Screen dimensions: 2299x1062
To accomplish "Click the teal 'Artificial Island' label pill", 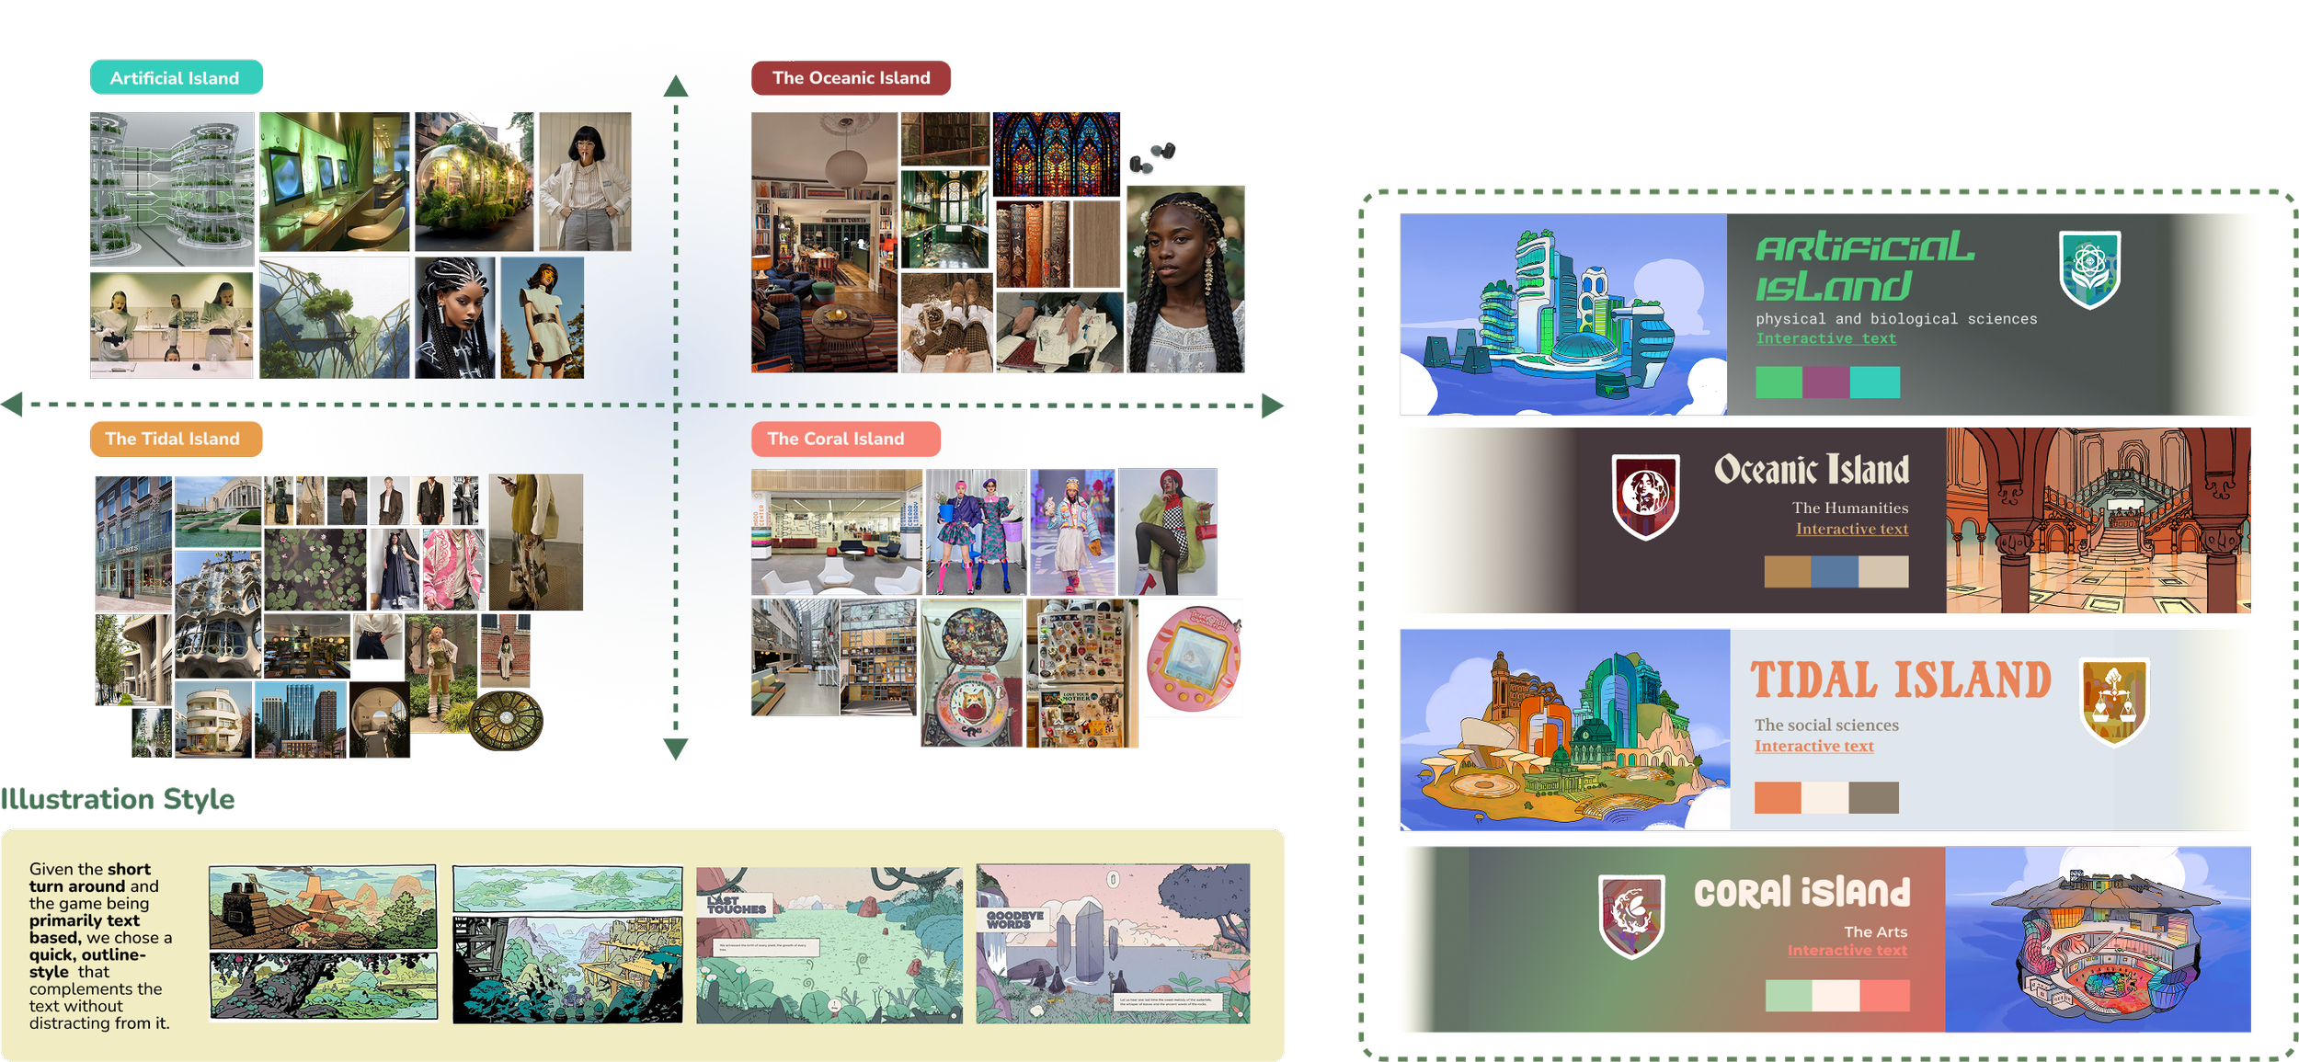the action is (x=176, y=78).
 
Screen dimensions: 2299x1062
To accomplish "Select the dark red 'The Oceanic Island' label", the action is (x=851, y=78).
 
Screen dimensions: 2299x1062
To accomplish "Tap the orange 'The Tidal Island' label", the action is (x=174, y=440).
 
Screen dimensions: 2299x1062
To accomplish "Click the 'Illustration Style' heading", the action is (x=118, y=799).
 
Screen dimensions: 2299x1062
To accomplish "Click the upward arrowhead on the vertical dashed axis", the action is (x=676, y=86).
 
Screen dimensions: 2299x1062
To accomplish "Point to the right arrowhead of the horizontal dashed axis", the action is (x=1274, y=405).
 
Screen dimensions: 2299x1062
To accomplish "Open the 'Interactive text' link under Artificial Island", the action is (x=1825, y=338).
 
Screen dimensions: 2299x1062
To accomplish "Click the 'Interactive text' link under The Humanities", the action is (x=1852, y=529).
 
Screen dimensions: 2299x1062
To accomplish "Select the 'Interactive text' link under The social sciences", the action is (x=1813, y=746).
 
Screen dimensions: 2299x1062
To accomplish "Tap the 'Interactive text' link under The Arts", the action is (x=1847, y=950).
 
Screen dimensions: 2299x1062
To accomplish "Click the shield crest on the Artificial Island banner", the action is (x=2089, y=268).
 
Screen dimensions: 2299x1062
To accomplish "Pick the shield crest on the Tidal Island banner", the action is (x=2114, y=702).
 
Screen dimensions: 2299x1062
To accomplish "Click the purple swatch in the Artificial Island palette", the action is (x=1825, y=382).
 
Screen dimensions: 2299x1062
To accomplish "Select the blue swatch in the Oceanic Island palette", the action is (x=1835, y=571).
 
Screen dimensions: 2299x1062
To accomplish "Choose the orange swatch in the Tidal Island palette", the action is (x=1777, y=797).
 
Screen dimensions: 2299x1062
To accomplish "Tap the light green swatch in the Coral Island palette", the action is (x=1789, y=995).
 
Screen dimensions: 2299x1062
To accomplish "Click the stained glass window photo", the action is (x=1057, y=154).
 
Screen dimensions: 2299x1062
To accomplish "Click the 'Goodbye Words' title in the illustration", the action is (x=1014, y=919).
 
